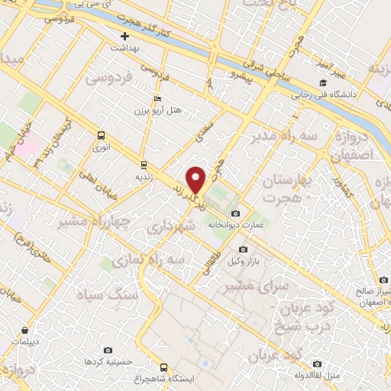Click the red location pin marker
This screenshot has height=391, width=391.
point(197,179)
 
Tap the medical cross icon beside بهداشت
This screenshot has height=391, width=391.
point(124,36)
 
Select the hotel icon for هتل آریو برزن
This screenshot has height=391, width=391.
point(157,99)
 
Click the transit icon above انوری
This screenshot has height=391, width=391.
point(101,135)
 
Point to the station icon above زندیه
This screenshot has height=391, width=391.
point(143,164)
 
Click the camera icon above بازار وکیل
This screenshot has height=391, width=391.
point(244,249)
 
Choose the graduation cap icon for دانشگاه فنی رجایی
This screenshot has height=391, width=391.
point(323,83)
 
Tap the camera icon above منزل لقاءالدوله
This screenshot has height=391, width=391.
point(318,364)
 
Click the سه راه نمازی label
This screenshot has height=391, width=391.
point(148,261)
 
